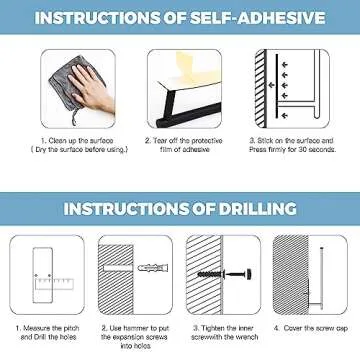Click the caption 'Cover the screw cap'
tap(309, 328)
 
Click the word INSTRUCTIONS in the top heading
tap(95, 17)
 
